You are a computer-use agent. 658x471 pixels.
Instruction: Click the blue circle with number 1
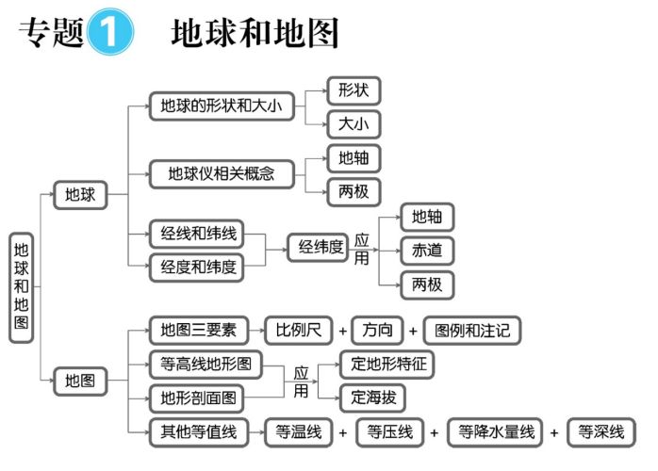pyautogui.click(x=109, y=34)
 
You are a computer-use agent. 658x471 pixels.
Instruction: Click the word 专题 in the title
pyautogui.click(x=50, y=34)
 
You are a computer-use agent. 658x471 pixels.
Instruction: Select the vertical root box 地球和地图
pyautogui.click(x=22, y=287)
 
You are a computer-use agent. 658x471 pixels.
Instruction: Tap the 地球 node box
pyautogui.click(x=79, y=196)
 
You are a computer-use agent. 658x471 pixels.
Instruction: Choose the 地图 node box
pyautogui.click(x=79, y=382)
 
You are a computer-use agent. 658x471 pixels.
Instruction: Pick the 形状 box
pyautogui.click(x=354, y=90)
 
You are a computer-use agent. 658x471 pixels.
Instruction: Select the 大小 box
pyautogui.click(x=354, y=124)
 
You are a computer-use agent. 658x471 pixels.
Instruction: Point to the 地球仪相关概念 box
pyautogui.click(x=222, y=174)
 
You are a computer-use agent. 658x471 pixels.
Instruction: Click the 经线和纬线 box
pyautogui.click(x=196, y=234)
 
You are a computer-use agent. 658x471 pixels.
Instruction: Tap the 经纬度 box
pyautogui.click(x=321, y=248)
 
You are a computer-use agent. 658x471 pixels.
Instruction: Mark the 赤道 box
pyautogui.click(x=427, y=251)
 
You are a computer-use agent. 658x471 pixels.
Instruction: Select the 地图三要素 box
pyautogui.click(x=197, y=331)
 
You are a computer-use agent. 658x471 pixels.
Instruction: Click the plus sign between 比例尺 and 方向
pyautogui.click(x=342, y=332)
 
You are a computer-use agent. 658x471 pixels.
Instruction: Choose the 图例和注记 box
pyautogui.click(x=472, y=331)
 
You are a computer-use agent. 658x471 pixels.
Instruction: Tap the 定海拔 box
pyautogui.click(x=373, y=397)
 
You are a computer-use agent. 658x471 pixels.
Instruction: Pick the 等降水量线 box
pyautogui.click(x=497, y=432)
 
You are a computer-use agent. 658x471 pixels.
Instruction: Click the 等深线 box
pyautogui.click(x=601, y=432)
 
